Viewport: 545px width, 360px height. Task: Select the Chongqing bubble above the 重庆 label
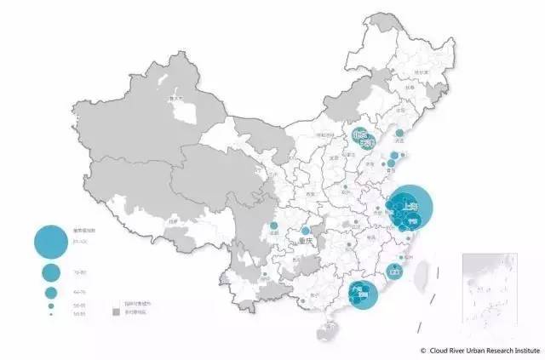pyautogui.click(x=306, y=231)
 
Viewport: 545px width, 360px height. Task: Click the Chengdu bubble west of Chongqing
pyautogui.click(x=274, y=227)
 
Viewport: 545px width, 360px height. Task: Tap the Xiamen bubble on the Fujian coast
pyautogui.click(x=394, y=271)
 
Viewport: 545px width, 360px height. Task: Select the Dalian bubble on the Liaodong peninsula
pyautogui.click(x=399, y=134)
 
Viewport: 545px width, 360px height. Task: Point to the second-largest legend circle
pyautogui.click(x=51, y=272)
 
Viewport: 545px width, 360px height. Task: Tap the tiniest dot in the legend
pyautogui.click(x=51, y=315)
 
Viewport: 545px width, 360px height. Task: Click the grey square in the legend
pyautogui.click(x=117, y=312)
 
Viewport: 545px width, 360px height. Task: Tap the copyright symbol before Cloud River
pyautogui.click(x=423, y=350)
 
